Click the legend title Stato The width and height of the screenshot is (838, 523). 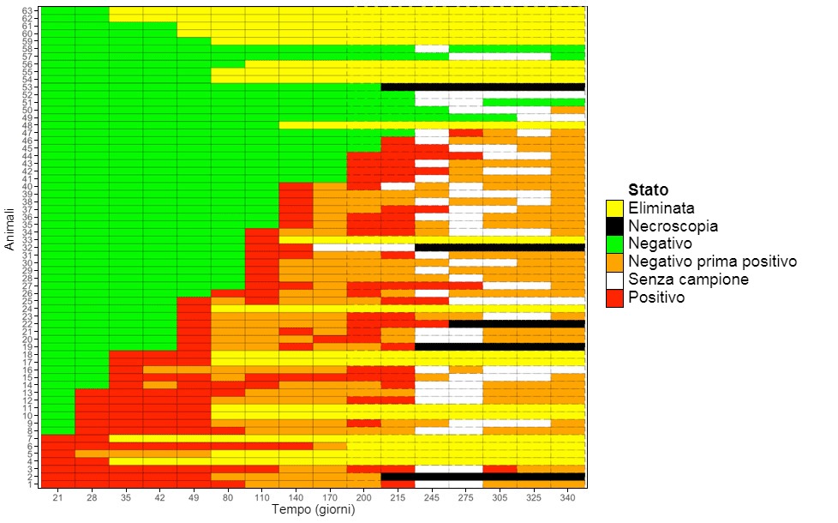point(649,189)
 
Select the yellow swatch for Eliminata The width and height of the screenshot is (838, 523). point(614,207)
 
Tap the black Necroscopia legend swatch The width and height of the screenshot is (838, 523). point(614,225)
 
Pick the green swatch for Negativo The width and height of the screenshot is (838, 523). point(614,243)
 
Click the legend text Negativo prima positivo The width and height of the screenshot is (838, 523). point(712,261)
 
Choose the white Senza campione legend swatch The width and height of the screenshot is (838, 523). point(614,280)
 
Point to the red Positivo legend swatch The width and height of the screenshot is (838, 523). point(614,298)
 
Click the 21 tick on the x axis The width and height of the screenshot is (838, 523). point(58,498)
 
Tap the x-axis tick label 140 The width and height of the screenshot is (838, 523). point(296,498)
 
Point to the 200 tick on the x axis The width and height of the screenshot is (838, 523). point(363,498)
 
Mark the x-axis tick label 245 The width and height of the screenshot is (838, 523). point(432,498)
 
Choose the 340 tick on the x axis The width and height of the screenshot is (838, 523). point(567,498)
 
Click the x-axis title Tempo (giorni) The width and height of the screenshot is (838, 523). point(313,510)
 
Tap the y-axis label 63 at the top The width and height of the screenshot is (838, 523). point(29,10)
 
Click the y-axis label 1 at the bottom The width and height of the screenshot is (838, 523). point(32,484)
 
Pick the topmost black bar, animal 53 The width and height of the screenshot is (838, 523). point(482,87)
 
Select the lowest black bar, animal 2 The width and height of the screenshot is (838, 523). point(482,477)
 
